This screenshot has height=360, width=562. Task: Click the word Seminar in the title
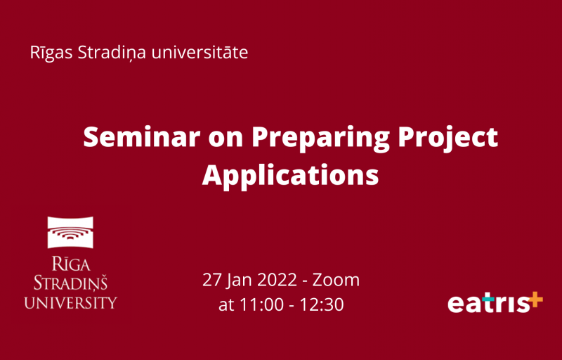click(x=142, y=137)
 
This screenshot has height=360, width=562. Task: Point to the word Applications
click(x=291, y=175)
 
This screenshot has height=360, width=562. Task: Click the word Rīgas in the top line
click(x=51, y=53)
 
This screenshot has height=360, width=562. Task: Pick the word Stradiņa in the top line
click(x=112, y=53)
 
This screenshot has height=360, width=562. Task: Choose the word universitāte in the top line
click(x=200, y=53)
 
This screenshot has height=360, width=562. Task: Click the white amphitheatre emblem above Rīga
click(x=70, y=232)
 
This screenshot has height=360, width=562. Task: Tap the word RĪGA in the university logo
click(x=71, y=264)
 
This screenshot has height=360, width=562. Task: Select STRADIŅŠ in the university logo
click(x=70, y=283)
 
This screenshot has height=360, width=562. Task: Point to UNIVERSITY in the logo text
click(x=70, y=302)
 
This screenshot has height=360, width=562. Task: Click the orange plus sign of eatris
click(x=535, y=300)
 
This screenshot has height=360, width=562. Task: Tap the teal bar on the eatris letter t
click(x=488, y=299)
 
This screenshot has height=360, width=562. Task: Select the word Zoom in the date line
click(x=336, y=280)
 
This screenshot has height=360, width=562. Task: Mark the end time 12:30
click(x=322, y=304)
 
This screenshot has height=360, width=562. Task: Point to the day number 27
click(x=212, y=280)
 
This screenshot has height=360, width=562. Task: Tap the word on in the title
click(x=226, y=140)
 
